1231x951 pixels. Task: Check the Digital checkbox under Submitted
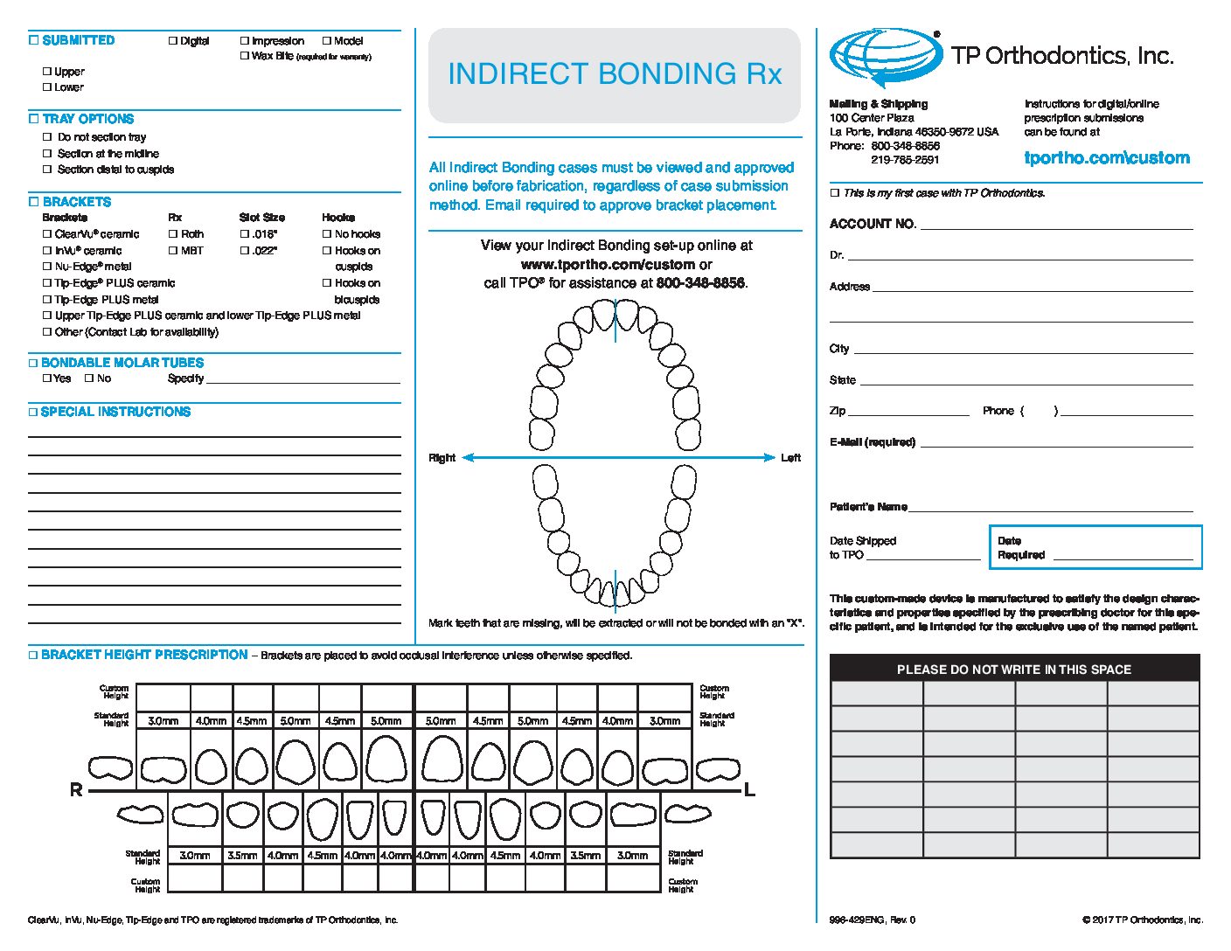[x=173, y=41]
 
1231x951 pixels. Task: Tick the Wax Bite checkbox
[x=245, y=56]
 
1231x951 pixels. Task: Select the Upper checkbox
[x=47, y=72]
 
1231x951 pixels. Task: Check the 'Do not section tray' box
[x=47, y=137]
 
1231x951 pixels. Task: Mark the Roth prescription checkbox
[x=173, y=234]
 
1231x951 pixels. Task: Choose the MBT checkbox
[x=173, y=251]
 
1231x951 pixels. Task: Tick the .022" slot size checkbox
[x=245, y=251]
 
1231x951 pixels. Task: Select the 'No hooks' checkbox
[x=327, y=234]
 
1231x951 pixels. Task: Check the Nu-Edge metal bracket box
[x=47, y=267]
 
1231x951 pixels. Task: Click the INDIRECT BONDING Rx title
[x=615, y=74]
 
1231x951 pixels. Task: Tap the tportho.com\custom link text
[x=1107, y=158]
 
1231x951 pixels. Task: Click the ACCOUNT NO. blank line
[x=1056, y=226]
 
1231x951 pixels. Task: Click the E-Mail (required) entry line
[x=1056, y=443]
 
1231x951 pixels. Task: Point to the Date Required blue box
[x=1095, y=547]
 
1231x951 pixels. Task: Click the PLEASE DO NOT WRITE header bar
[x=1014, y=669]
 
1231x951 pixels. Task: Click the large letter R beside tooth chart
[x=76, y=790]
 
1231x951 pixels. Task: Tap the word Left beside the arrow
[x=790, y=458]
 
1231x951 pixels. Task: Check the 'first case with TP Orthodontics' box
[x=835, y=193]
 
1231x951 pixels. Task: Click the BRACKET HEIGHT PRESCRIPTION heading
[x=144, y=655]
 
